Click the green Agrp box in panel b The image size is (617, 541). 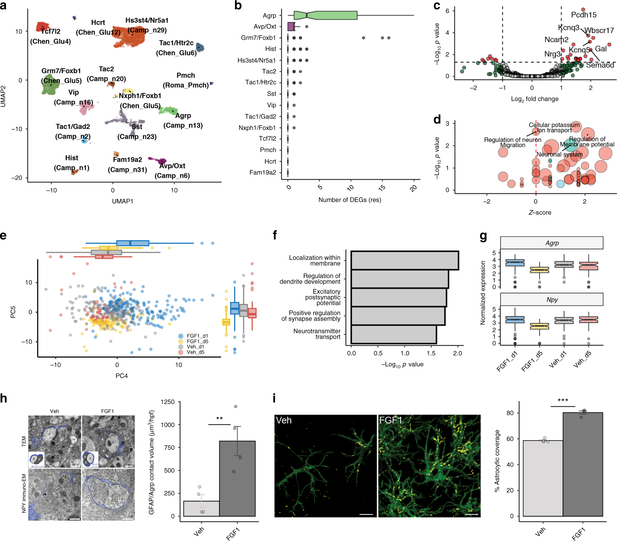[325, 15]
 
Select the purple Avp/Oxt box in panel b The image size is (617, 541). [290, 27]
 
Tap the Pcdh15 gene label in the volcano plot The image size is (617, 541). [583, 15]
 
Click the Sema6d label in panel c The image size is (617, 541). [600, 65]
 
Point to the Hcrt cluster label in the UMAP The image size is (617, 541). [98, 22]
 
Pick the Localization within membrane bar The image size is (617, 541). [405, 260]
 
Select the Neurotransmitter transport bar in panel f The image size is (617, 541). [394, 334]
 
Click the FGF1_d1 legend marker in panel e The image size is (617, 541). [181, 336]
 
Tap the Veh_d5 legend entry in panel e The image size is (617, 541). [195, 352]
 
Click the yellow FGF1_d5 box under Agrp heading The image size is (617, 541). [539, 270]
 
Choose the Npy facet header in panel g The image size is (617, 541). [551, 300]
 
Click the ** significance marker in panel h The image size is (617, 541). [219, 419]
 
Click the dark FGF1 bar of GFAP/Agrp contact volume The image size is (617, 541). [237, 478]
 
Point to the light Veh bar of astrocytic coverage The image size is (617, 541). [543, 478]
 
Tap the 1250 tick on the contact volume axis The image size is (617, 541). [168, 402]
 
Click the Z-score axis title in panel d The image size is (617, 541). [540, 213]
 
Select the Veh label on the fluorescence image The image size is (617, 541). [283, 420]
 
